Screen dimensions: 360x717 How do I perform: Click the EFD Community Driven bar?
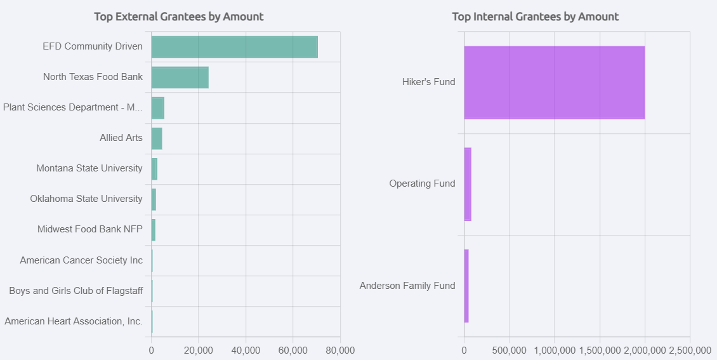234,47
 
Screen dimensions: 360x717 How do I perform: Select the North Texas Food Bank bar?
180,77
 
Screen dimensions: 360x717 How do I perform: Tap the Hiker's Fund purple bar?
554,83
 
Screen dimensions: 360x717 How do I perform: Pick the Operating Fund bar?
468,184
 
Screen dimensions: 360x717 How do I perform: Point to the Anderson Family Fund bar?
466,286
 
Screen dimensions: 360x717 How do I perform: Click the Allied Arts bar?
157,138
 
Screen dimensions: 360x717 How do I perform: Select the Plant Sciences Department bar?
158,108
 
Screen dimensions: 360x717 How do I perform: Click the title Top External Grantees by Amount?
179,17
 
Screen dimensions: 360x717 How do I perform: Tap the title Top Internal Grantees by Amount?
535,17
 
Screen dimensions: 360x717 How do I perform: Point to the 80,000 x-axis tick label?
340,350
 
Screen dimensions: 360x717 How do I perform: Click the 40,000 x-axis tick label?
246,350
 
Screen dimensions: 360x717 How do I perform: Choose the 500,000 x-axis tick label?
509,350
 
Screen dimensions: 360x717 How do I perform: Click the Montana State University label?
89,168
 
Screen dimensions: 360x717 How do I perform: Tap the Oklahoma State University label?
86,199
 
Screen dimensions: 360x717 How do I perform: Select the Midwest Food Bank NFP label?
90,229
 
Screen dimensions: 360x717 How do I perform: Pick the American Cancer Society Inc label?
81,260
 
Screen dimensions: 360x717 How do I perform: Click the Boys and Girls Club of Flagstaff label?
76,290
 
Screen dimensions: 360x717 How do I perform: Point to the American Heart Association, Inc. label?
74,321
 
